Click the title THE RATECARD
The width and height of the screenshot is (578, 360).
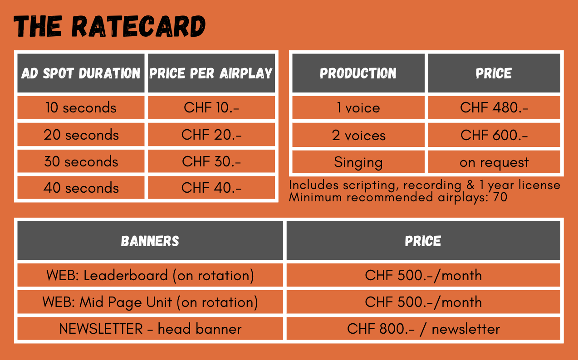pos(110,26)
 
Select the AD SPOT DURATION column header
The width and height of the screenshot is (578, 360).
pos(81,73)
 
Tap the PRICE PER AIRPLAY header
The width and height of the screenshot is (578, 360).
pos(211,73)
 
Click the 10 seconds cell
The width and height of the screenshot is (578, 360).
pos(81,107)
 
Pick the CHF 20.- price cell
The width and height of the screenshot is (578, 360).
pos(211,135)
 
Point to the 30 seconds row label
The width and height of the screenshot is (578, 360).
pos(81,161)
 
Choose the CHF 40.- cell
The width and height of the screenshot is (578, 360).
pos(211,187)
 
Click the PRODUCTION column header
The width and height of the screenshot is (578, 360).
pos(358,73)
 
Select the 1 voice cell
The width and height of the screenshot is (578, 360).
pos(358,107)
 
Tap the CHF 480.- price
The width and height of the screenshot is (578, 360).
pos(494,107)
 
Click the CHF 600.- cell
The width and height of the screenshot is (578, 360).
pos(494,136)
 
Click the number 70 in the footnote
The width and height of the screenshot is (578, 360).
pos(500,197)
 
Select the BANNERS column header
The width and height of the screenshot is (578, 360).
pos(150,241)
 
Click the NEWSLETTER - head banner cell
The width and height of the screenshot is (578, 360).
pos(150,329)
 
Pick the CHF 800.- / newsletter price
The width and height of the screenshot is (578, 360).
pos(423,329)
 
